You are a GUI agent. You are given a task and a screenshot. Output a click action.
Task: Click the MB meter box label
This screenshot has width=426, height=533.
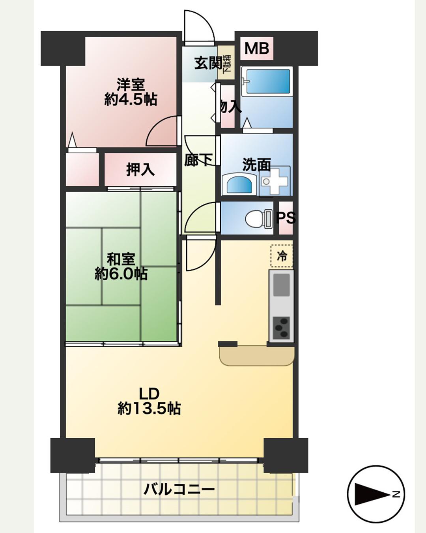(257, 48)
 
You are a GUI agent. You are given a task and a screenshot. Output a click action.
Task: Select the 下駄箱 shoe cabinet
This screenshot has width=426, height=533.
(226, 63)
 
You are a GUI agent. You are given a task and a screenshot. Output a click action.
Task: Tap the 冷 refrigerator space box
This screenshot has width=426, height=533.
(282, 256)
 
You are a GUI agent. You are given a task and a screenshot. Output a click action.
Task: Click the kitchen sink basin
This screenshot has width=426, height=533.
(282, 285)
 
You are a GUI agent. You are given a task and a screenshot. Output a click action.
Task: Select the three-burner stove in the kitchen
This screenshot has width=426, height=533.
(281, 328)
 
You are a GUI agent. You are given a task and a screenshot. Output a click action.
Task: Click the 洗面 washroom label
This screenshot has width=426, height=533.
(256, 165)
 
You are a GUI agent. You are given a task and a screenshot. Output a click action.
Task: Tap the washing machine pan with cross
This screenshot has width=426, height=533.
(275, 181)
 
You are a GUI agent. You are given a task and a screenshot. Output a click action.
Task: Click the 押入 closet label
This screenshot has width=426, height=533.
(140, 170)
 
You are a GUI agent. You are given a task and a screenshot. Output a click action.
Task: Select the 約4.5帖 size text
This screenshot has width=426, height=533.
(130, 99)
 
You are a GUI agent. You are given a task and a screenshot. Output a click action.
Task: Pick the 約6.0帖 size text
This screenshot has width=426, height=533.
(121, 274)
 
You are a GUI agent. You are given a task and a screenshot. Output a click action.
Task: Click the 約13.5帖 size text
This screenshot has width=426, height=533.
(149, 408)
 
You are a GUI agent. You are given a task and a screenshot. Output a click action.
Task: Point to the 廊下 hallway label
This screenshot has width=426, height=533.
(198, 160)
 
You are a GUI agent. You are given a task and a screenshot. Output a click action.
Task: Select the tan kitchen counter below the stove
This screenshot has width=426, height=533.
(257, 356)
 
